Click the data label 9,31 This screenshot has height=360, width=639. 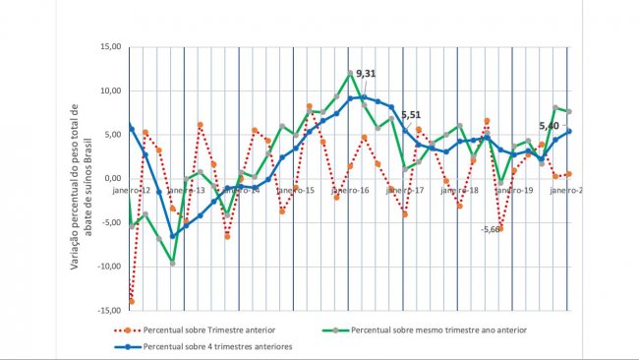366,74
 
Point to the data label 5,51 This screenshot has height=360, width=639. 411,115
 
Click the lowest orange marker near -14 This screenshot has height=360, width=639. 131,302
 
